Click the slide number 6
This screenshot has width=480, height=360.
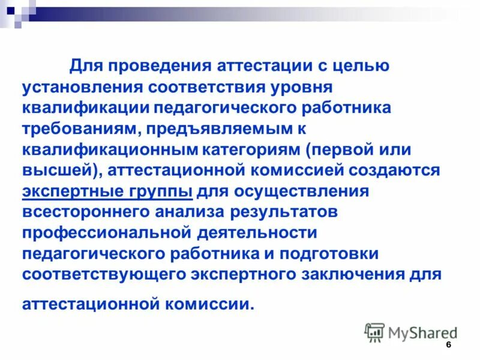tap(448, 347)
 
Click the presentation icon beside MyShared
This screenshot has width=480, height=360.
tap(374, 332)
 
